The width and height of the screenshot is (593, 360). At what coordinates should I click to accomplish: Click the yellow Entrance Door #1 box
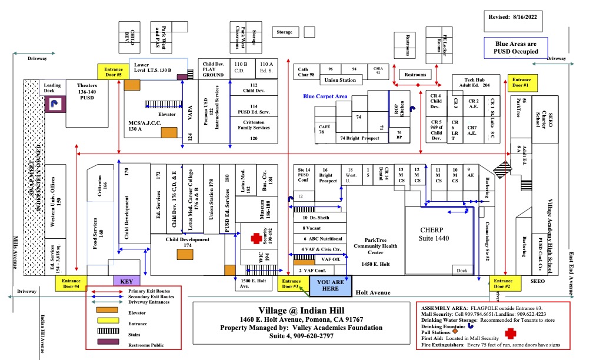tap(522, 82)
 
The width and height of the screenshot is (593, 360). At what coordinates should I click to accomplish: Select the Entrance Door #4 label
tap(71, 284)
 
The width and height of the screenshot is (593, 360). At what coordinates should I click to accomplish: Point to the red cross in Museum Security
tap(256, 238)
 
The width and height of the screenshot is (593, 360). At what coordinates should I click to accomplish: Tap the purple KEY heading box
tap(126, 281)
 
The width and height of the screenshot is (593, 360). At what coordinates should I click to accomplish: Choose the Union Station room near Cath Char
tap(340, 80)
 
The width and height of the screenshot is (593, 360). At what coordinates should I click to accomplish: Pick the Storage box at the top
tap(284, 32)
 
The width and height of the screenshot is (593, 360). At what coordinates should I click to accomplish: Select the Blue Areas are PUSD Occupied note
tap(516, 47)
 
